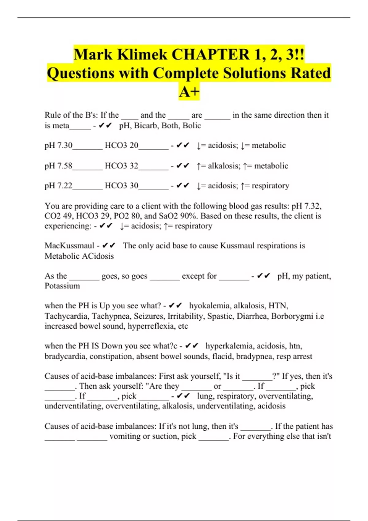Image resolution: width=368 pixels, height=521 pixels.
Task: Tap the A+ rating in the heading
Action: [x=189, y=91]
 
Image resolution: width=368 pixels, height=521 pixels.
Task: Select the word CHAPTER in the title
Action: [x=210, y=55]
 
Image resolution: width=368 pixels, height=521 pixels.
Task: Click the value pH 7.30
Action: [x=58, y=145]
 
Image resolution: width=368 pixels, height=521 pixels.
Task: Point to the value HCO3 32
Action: [x=121, y=166]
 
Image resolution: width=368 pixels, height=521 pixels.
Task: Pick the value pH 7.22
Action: [x=58, y=186]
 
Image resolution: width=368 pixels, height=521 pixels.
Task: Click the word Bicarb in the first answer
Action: [x=146, y=126]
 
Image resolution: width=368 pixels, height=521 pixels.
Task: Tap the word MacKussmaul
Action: [x=69, y=245]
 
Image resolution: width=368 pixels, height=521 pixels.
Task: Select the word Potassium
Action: [x=62, y=286]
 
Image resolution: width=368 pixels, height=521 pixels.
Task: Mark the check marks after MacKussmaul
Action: [x=109, y=245]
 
